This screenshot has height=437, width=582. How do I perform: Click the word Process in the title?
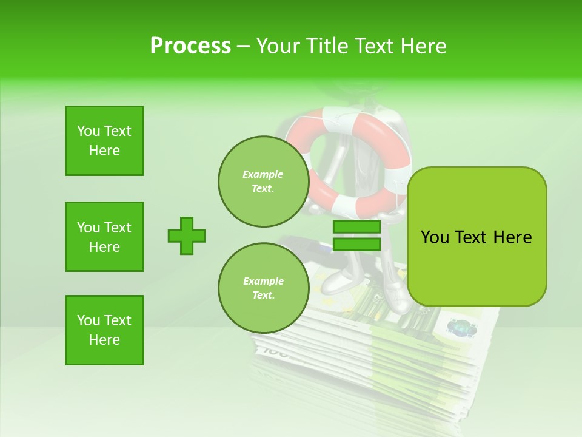[190, 46]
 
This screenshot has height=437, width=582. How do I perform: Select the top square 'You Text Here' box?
[104, 141]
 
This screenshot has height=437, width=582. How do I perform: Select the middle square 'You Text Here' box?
[104, 237]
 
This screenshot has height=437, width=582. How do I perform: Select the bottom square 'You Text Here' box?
[104, 330]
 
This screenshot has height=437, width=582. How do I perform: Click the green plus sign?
[187, 235]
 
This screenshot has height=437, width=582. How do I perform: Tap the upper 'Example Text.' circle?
[263, 181]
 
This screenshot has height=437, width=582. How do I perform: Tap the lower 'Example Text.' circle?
[263, 288]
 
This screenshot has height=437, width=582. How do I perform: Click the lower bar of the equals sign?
[356, 244]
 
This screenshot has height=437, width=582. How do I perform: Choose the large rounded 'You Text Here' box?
[477, 237]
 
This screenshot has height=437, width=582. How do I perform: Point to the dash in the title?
[243, 46]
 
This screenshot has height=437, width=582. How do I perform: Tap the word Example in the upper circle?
[263, 174]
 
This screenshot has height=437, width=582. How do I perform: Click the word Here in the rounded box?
[512, 237]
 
